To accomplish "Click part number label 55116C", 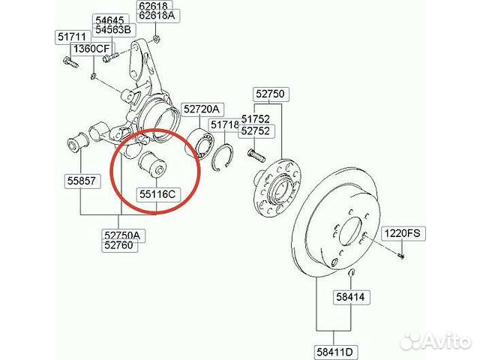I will (x=157, y=195).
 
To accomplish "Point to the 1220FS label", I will (x=405, y=233).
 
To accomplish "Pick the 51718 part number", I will (x=224, y=124).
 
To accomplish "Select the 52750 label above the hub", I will (x=270, y=94).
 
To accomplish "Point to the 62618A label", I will (x=156, y=14).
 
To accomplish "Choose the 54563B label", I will (x=112, y=29).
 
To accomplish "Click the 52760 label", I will (x=121, y=245).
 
